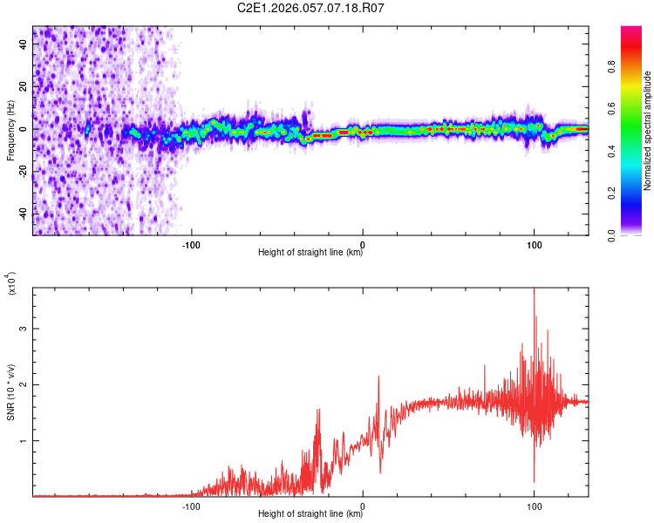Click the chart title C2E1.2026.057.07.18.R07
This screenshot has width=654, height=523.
pyautogui.click(x=324, y=8)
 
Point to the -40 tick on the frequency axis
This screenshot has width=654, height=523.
pyautogui.click(x=23, y=214)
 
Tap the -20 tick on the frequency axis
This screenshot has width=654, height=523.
pyautogui.click(x=23, y=172)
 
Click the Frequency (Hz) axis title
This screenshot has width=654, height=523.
pyautogui.click(x=10, y=131)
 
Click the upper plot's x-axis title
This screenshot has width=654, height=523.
pyautogui.click(x=310, y=253)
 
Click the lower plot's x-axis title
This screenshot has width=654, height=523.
pyautogui.click(x=310, y=514)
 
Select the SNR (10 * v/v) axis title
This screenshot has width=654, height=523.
pyautogui.click(x=10, y=392)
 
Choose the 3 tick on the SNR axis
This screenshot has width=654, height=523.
pyautogui.click(x=24, y=329)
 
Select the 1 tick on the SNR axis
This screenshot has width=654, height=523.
pyautogui.click(x=24, y=441)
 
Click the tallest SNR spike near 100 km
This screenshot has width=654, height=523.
pyautogui.click(x=534, y=291)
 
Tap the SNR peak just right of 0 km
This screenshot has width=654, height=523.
pyautogui.click(x=378, y=377)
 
